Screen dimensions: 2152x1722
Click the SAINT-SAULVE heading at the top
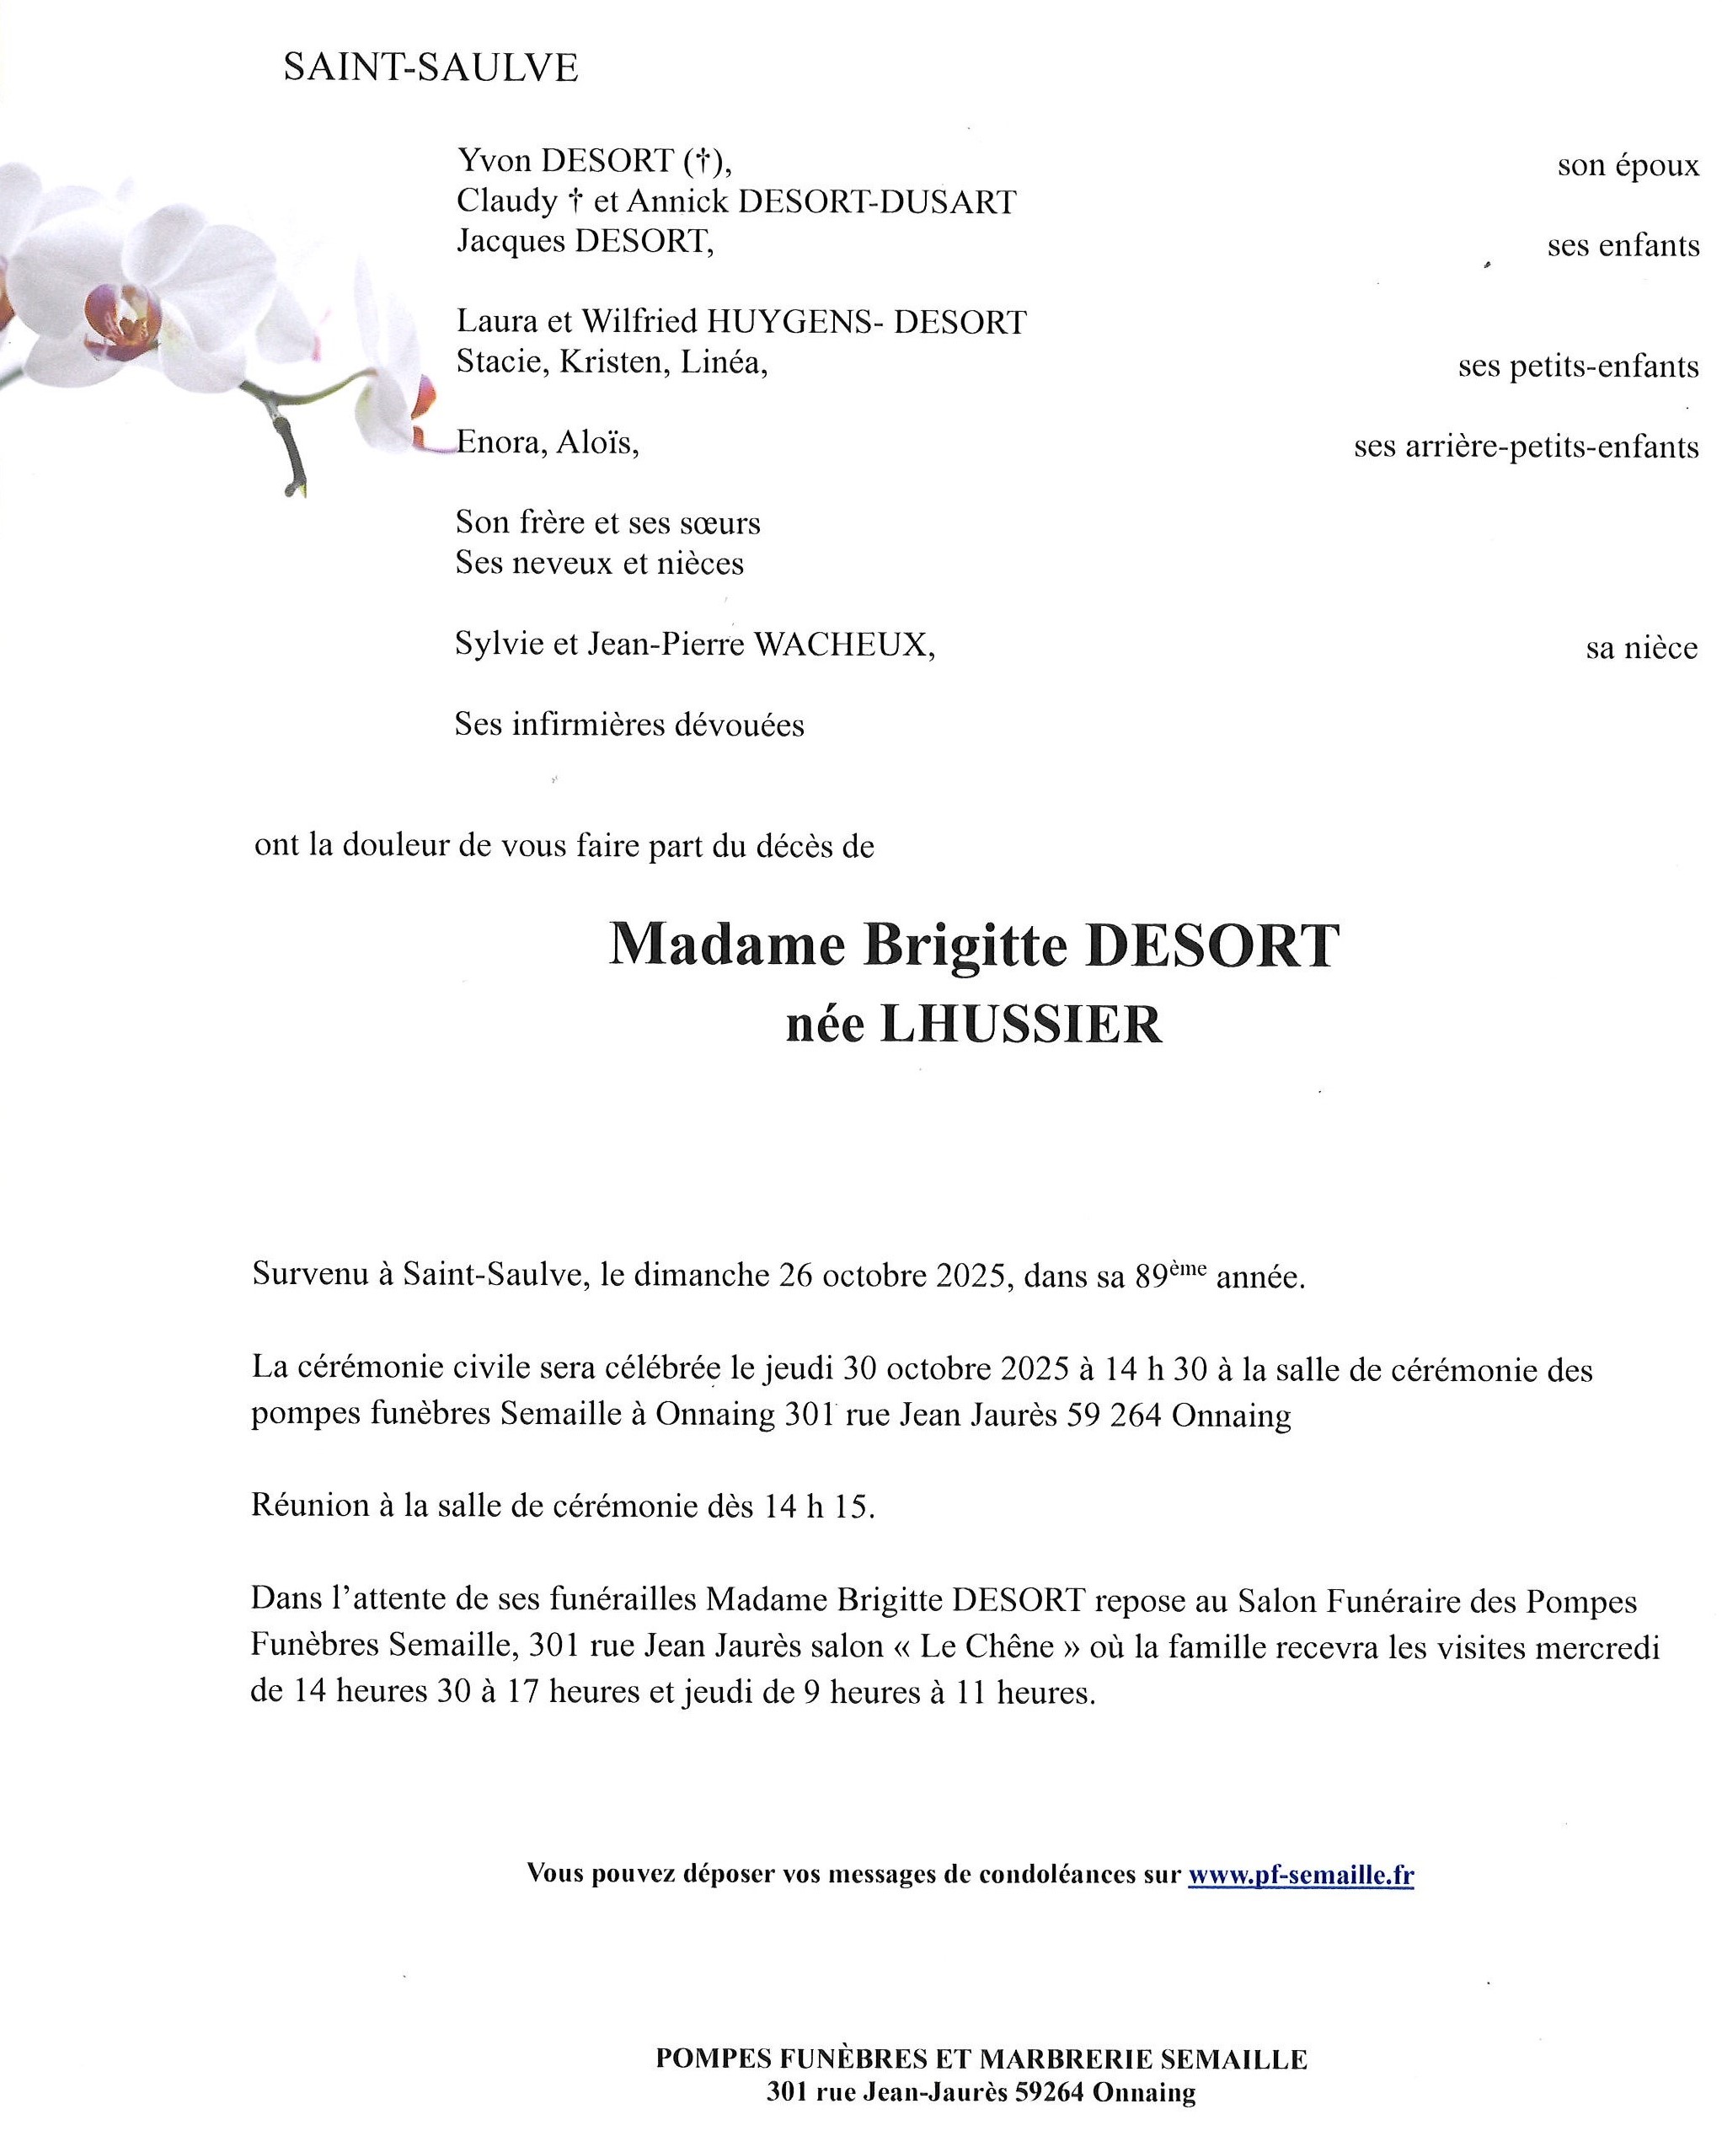[430, 68]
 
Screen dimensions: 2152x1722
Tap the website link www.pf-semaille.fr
[1300, 1875]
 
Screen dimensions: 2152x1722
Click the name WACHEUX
[842, 645]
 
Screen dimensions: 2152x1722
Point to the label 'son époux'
[1627, 164]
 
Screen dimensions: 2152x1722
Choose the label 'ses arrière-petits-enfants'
[1526, 447]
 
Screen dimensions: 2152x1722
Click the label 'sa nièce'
[1641, 649]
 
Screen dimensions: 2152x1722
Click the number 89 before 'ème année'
[1152, 1277]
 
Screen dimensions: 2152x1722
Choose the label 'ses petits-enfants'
[1577, 367]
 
